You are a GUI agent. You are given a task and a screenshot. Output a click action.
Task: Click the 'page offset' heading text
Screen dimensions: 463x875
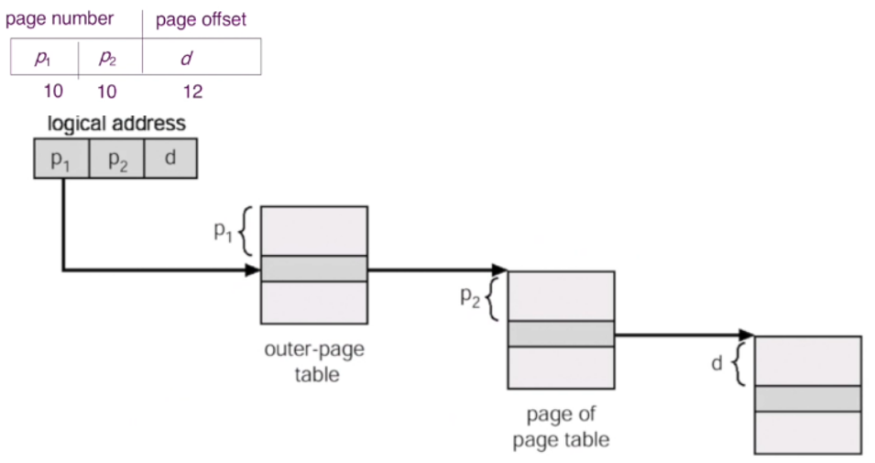tap(202, 19)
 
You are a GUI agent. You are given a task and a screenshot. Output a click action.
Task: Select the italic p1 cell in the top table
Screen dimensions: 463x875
tap(44, 58)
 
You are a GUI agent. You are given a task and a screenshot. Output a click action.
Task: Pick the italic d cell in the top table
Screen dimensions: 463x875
tap(186, 58)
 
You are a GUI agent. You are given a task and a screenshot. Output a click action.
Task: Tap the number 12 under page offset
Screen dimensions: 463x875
tap(192, 92)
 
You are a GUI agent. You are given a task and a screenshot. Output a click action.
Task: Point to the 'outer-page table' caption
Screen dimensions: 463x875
tap(313, 362)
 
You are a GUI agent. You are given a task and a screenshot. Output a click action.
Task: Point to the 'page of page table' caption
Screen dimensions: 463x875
tap(561, 426)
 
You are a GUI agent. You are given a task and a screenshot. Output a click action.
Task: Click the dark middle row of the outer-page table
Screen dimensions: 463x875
tap(313, 269)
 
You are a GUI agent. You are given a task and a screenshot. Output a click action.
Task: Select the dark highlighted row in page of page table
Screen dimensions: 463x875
tap(560, 334)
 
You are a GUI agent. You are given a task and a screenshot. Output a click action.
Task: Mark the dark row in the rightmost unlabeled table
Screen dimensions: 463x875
tap(807, 399)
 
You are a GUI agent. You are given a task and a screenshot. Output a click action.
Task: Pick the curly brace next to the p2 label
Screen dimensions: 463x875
tap(492, 299)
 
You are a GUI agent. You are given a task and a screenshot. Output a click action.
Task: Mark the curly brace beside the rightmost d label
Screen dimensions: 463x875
tap(739, 365)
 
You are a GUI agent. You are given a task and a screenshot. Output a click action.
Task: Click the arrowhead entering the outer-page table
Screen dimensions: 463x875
tap(254, 270)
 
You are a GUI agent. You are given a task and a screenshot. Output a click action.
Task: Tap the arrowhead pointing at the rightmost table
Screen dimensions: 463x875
tap(747, 336)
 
